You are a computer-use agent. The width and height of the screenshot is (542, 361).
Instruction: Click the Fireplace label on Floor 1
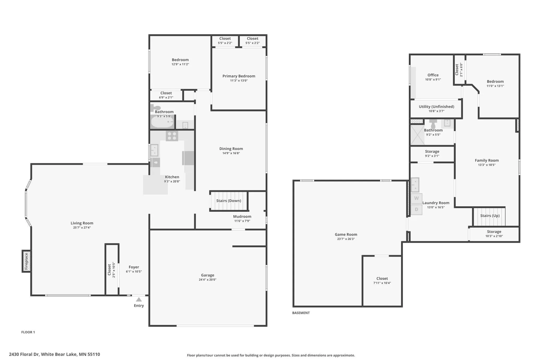(x=26, y=261)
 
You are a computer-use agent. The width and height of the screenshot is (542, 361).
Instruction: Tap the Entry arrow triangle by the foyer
(x=139, y=300)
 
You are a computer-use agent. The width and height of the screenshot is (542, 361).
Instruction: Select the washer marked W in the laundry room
(x=416, y=198)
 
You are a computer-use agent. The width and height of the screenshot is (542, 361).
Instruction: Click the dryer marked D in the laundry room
(x=416, y=209)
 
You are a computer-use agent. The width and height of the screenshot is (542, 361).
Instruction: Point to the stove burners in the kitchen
(x=172, y=136)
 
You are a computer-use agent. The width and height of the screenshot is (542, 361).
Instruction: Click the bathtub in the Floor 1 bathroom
(x=162, y=122)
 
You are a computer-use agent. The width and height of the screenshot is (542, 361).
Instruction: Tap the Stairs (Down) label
(x=229, y=201)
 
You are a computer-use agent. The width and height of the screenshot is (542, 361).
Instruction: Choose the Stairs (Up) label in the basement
(x=490, y=216)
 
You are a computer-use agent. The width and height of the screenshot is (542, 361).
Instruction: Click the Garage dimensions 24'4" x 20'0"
(x=207, y=280)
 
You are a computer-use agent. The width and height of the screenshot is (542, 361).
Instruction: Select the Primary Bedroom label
(x=239, y=76)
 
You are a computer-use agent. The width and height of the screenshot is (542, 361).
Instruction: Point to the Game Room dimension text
(x=346, y=239)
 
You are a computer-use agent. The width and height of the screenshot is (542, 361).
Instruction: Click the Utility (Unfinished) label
(x=436, y=107)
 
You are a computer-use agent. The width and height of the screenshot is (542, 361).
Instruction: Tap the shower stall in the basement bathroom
(x=417, y=135)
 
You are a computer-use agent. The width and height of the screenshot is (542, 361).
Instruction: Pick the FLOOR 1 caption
(x=28, y=332)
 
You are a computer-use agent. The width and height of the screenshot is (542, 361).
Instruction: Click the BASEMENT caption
(x=301, y=313)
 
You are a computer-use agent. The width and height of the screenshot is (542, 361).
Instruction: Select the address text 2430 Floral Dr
(x=24, y=354)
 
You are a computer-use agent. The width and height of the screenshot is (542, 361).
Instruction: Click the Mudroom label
(x=242, y=216)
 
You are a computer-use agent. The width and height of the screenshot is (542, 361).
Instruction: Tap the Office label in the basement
(x=433, y=75)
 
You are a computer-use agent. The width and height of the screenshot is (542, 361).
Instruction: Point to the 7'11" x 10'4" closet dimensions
(x=382, y=283)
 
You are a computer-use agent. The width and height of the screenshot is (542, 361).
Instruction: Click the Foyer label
(x=134, y=267)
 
